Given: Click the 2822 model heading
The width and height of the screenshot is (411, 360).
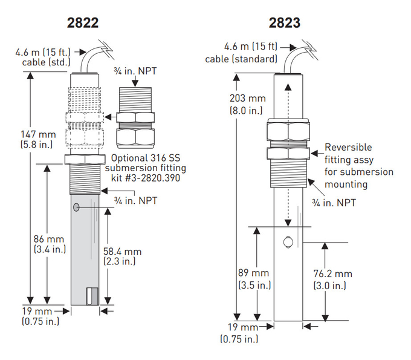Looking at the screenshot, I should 82,24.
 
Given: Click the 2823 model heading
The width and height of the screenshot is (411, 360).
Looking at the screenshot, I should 284,24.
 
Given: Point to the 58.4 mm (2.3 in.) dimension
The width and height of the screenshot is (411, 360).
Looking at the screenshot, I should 125,256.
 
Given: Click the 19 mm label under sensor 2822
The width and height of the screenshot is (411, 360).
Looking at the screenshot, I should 40,316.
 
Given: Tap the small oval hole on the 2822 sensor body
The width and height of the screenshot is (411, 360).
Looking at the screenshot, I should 77,208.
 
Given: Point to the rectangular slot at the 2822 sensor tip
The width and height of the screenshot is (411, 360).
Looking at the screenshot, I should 92,296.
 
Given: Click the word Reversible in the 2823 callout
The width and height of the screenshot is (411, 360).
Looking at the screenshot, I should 348,148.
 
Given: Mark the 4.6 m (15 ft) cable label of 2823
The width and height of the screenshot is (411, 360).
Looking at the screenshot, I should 242,53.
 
